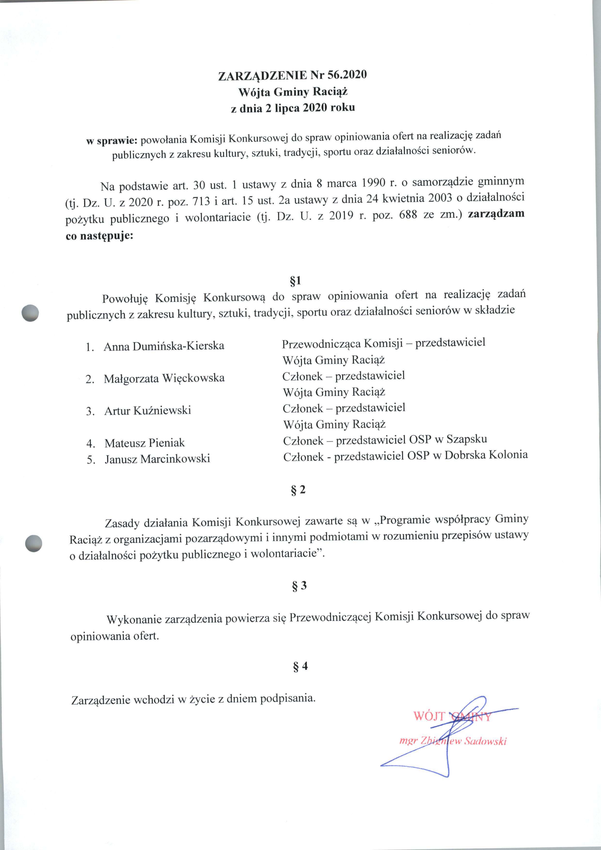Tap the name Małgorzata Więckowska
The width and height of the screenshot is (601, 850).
click(164, 378)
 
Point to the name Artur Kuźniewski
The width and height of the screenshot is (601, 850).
click(148, 411)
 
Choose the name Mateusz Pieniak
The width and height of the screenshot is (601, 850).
click(145, 443)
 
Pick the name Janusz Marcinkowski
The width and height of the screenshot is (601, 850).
click(157, 459)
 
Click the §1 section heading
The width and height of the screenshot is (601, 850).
click(295, 281)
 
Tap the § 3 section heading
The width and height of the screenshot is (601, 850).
click(299, 586)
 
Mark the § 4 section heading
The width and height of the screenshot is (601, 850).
click(300, 667)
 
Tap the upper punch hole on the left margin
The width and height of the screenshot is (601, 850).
click(30, 313)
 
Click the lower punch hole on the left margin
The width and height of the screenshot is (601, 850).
click(33, 544)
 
